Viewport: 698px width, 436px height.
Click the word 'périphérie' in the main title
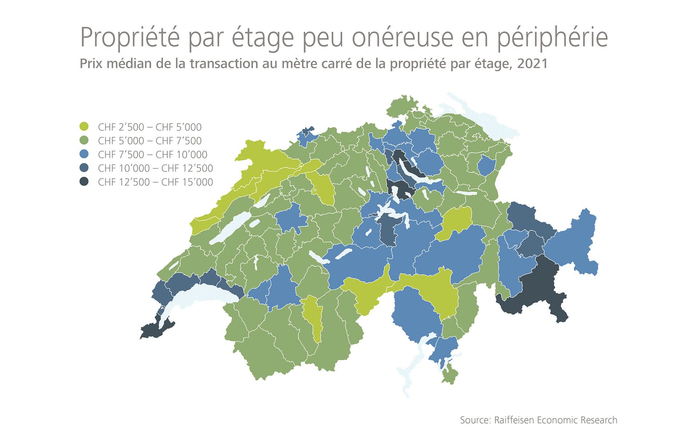552,37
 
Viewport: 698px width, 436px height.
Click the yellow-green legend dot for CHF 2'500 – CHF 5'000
84,127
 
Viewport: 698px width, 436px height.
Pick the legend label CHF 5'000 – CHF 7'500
149,141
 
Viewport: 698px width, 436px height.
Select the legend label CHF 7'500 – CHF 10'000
152,154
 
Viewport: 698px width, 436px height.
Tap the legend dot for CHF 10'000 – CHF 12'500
84,168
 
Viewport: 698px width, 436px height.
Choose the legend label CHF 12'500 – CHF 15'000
155,182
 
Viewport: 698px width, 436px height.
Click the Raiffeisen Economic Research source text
538,420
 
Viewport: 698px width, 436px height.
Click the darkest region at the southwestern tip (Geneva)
153,329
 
